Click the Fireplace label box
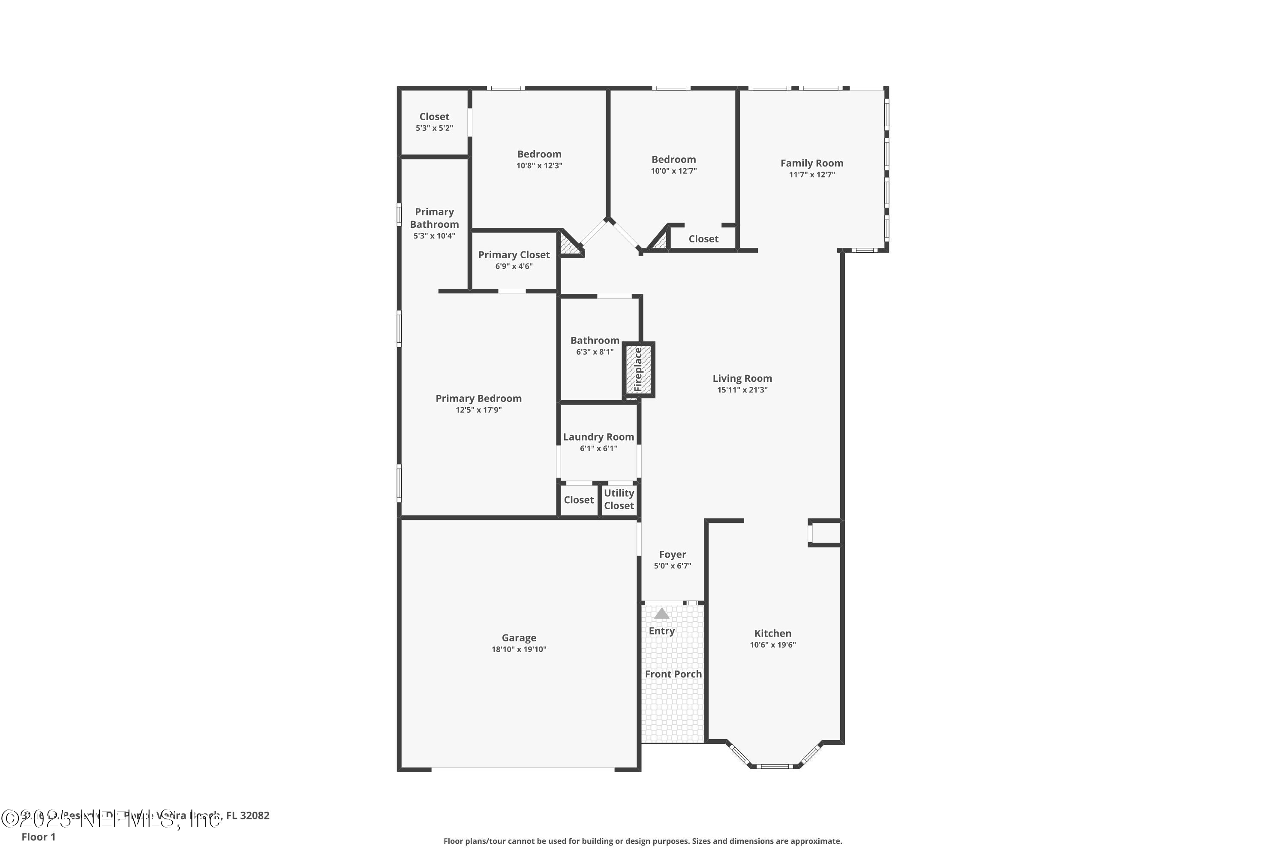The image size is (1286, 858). coord(639,369)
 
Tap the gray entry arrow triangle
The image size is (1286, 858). coord(661,613)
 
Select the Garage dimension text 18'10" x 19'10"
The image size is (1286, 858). coord(518,650)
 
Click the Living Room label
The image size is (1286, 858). coord(742,378)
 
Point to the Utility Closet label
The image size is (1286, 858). coord(619,499)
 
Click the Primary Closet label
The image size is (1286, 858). coord(514,254)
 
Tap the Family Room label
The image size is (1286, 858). coord(811,163)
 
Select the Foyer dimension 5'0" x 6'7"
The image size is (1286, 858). coord(672,566)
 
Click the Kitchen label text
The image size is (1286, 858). coord(772,633)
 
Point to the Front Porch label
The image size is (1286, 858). coord(673,674)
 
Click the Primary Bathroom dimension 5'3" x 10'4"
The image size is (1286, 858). coord(434,236)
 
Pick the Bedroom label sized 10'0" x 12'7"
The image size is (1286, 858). coord(673,159)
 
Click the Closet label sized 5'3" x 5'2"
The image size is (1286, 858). coord(434,117)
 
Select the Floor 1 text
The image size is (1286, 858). coord(38,837)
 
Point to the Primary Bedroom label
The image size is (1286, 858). coord(478,399)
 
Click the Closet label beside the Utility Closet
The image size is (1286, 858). coord(578,500)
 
